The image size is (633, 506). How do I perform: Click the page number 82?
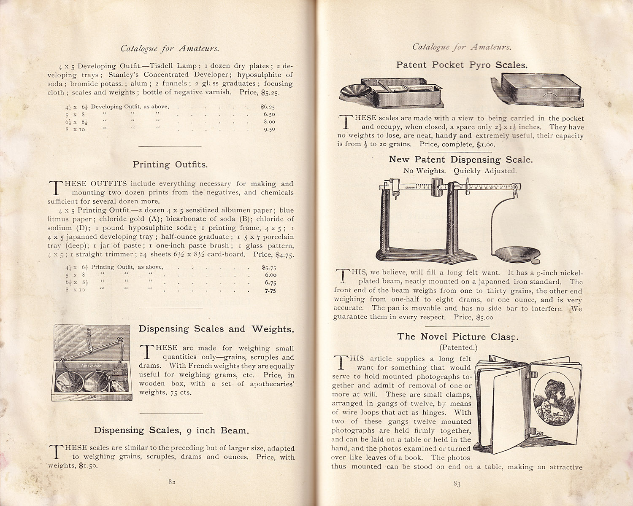[x=172, y=482]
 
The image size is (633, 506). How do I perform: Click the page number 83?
[x=457, y=484]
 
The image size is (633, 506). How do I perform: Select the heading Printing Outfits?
[x=170, y=164]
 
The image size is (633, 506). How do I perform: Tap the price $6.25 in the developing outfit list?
[x=268, y=107]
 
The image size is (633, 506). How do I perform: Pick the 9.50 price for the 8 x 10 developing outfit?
[x=269, y=129]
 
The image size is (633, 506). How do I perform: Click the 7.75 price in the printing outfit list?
[x=270, y=291]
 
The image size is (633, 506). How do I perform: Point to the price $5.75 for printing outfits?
[x=269, y=267]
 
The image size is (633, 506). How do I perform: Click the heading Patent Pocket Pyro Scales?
[x=462, y=65]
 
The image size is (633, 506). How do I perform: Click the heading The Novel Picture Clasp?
[x=458, y=336]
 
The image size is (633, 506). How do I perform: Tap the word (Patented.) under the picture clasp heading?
[x=457, y=347]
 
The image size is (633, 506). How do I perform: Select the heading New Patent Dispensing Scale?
[x=461, y=159]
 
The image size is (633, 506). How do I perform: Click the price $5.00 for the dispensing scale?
[x=484, y=317]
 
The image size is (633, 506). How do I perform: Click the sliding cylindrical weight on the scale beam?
[x=436, y=187]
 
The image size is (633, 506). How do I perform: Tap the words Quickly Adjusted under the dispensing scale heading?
[x=485, y=171]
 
